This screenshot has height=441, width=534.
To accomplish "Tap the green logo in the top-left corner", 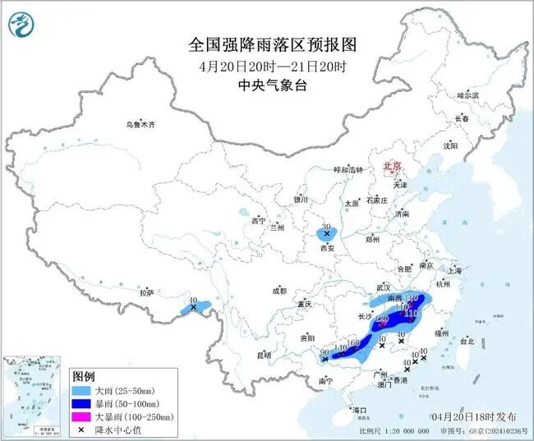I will tap(23, 25).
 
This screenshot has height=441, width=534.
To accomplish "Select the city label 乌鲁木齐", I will tap(140, 125).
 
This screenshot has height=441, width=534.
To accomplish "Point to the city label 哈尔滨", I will tap(467, 96).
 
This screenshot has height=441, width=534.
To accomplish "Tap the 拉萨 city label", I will tap(146, 292).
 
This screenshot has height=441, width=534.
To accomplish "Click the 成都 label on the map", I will tap(279, 291).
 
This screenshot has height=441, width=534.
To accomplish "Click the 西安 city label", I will tap(329, 246).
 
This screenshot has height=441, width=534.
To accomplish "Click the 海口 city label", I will tap(359, 409).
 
